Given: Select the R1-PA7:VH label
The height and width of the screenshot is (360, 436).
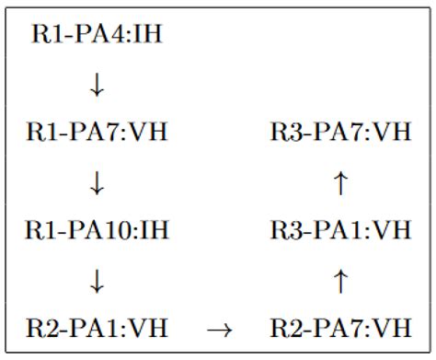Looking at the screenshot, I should coord(98,133).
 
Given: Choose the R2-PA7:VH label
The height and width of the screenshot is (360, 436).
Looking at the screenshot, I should coord(340,327).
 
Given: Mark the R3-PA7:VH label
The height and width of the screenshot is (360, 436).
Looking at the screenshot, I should coord(340,133).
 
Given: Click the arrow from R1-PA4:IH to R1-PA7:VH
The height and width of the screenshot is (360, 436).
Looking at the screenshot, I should coord(98,85).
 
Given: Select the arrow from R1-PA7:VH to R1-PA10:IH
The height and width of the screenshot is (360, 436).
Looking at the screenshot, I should coord(98,181).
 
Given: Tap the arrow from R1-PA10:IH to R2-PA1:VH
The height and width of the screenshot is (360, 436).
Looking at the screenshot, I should coord(98,279).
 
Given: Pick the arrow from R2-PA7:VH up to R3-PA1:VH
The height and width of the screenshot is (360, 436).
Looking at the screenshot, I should coord(340,279).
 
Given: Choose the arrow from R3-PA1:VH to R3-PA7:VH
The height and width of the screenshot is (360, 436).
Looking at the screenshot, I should coord(340,181).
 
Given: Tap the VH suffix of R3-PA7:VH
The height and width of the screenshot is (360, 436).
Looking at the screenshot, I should coord(393,133).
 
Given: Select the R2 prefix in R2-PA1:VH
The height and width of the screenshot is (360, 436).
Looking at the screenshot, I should coord(41,327).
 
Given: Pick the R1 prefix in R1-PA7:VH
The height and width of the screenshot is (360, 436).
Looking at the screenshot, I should coord(41,133).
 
